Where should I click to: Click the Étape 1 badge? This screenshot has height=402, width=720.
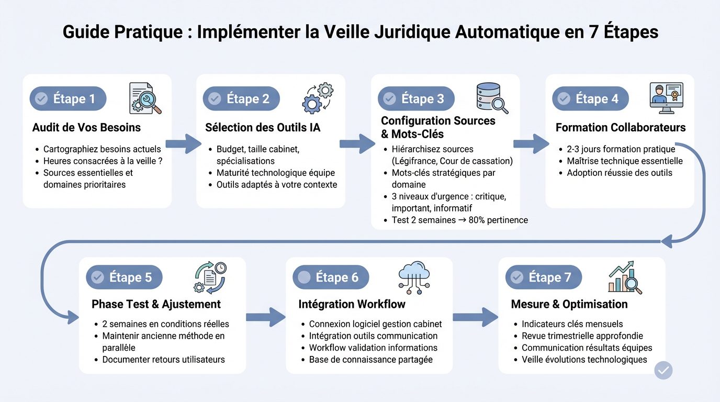coord(68,99)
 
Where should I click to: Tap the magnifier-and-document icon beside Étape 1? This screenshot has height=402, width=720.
coord(145,98)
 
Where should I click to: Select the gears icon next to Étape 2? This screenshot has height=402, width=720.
coord(318,98)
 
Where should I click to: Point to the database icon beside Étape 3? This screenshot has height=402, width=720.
coord(492,98)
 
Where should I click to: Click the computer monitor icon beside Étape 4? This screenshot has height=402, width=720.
coord(666,97)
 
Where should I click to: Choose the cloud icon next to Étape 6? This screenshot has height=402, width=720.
coord(414,276)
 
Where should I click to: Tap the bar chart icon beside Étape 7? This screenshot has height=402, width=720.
coord(625,277)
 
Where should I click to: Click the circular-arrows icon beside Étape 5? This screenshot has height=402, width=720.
coord(210,277)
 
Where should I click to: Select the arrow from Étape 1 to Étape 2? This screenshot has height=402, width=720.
coord(184,143)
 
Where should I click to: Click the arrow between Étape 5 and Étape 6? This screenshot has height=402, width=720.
coord(266,317)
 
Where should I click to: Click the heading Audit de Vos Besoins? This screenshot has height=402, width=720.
coord(86,128)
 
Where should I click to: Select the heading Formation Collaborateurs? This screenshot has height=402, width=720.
coord(621,128)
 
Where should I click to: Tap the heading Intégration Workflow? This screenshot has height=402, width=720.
coord(352,304)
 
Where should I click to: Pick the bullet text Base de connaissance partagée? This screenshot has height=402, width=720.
coord(370,360)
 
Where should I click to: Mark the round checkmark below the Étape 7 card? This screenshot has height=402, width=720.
coord(663,370)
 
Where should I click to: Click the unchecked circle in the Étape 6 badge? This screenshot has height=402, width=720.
coord(304,277)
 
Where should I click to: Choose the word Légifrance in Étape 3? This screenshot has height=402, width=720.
coord(418,161)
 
